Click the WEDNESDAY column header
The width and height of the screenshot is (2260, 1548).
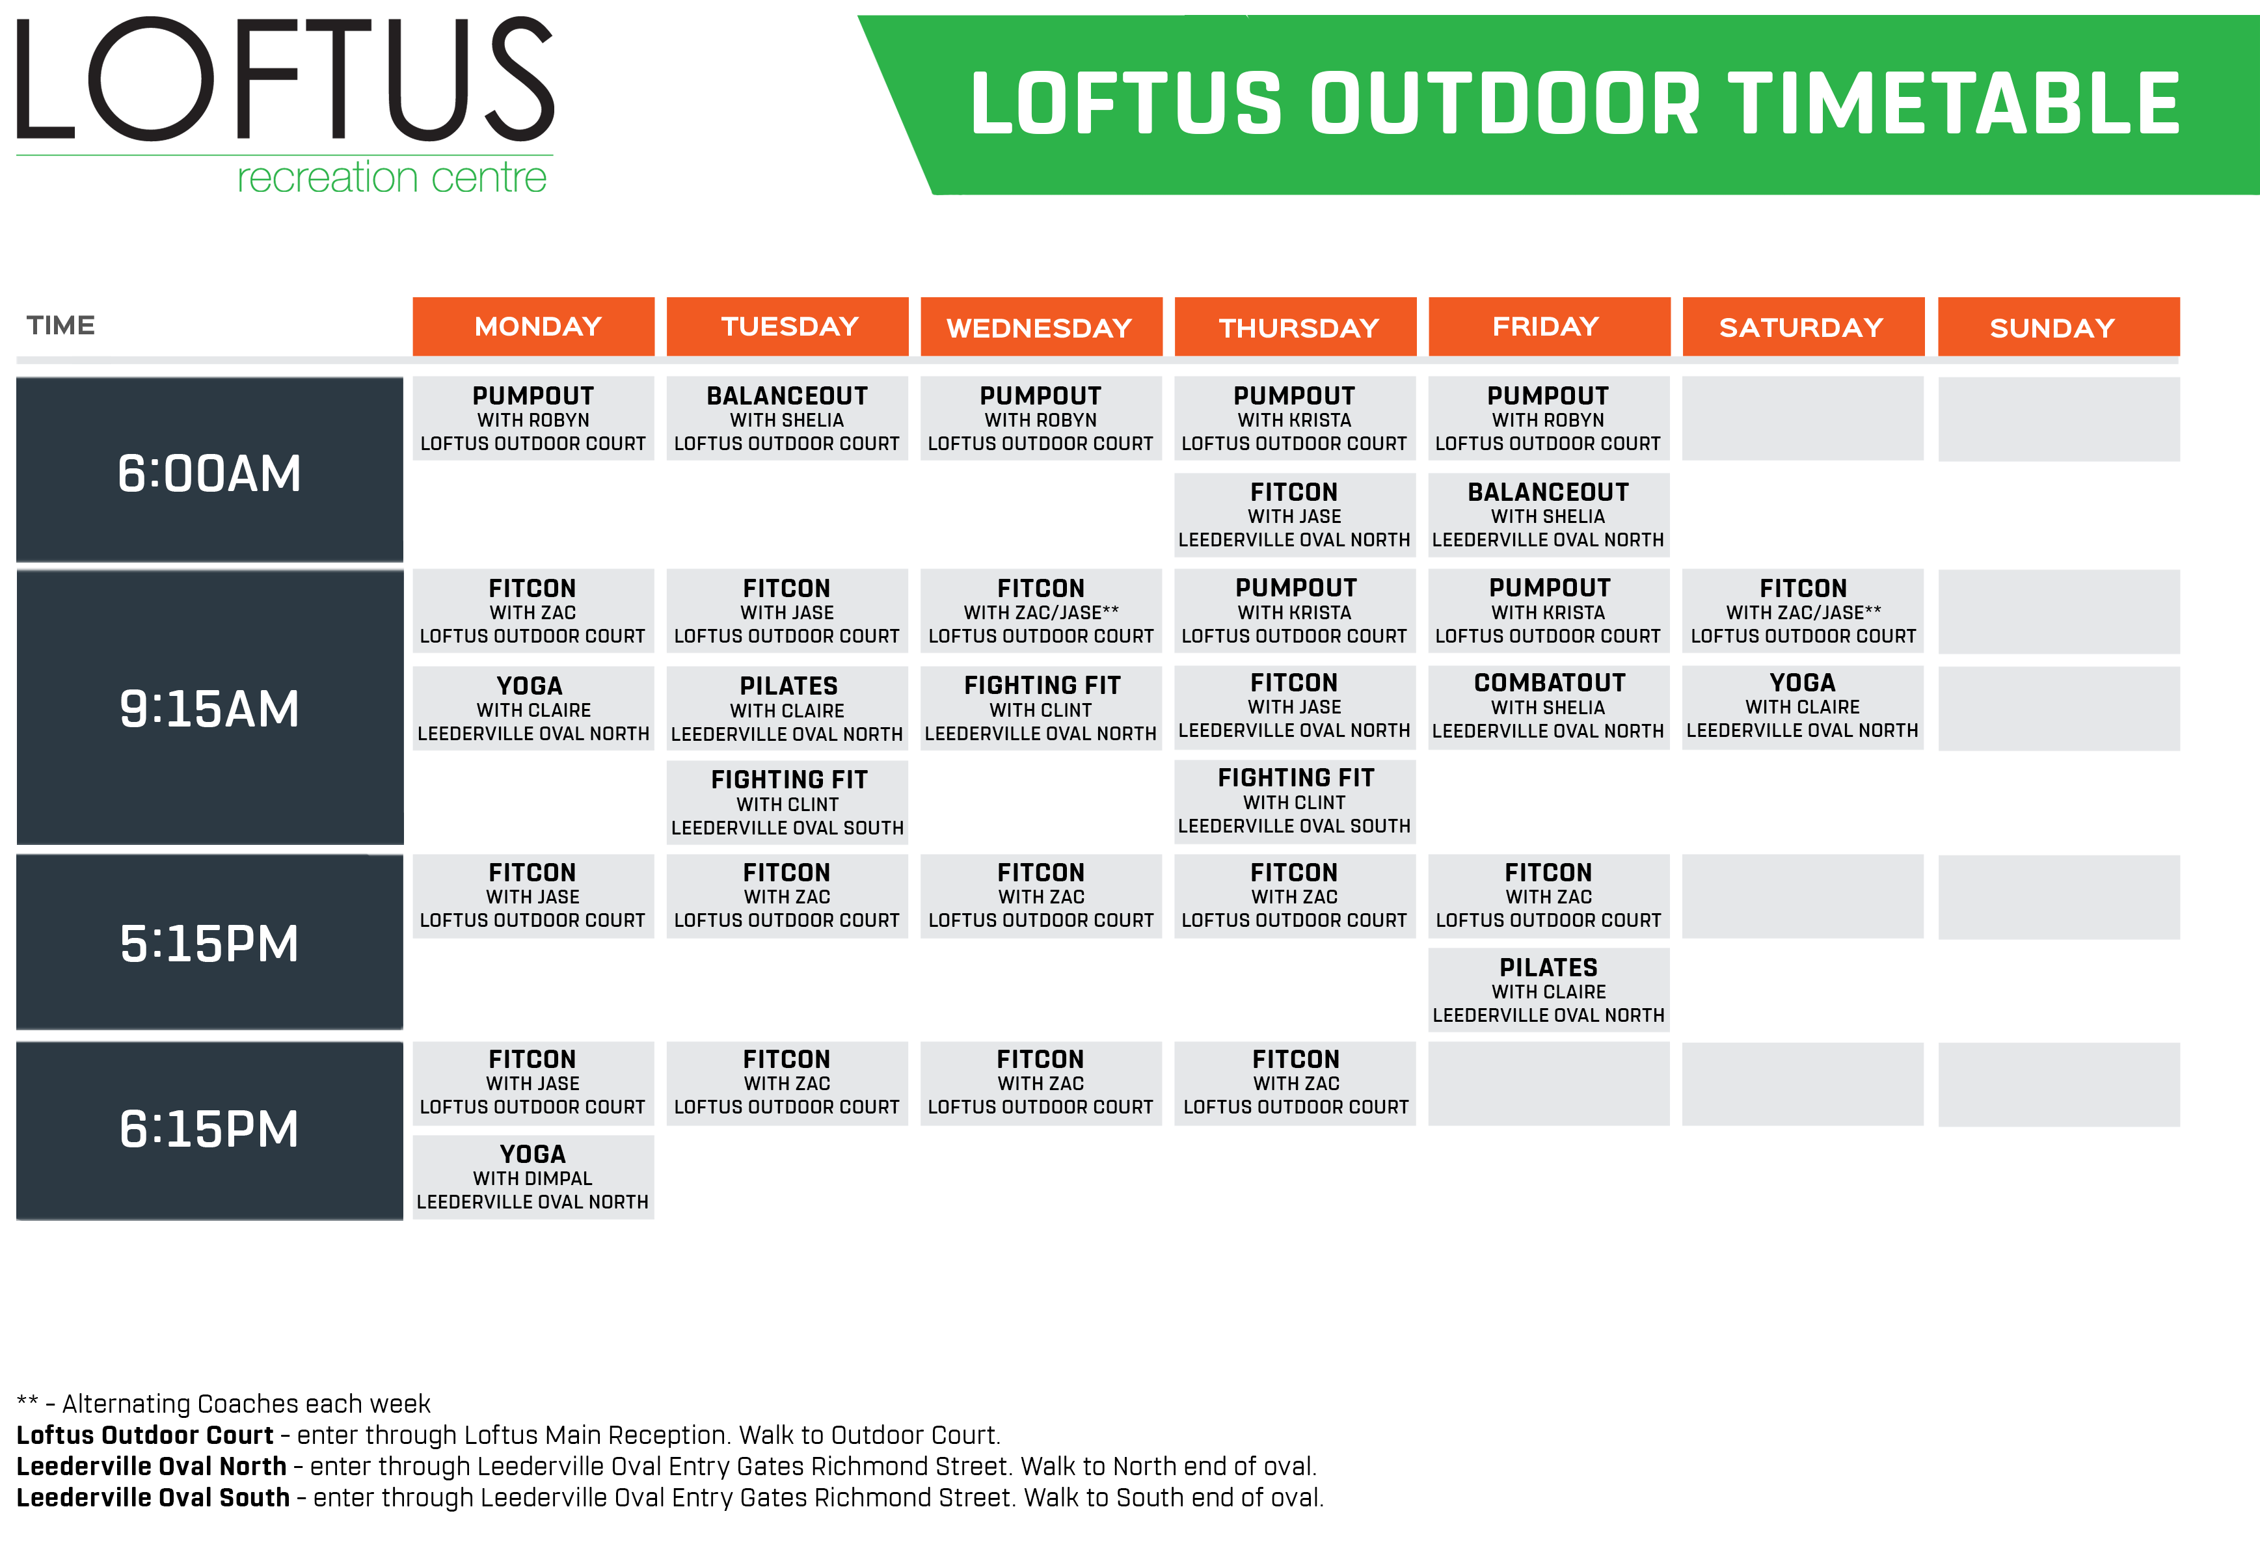(x=1040, y=327)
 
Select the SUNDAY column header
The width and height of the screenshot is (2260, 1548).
(x=2058, y=327)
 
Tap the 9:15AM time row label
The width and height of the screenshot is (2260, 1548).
(x=209, y=708)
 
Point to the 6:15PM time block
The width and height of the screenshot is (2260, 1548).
(x=209, y=1130)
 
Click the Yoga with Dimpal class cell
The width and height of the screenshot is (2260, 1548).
(x=533, y=1177)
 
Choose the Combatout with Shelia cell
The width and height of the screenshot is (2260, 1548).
(x=1548, y=707)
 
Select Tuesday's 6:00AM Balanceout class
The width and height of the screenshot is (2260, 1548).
(x=787, y=418)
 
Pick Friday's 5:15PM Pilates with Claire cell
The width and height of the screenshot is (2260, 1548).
(x=1548, y=990)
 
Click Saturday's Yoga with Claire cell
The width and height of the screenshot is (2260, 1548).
(x=1802, y=707)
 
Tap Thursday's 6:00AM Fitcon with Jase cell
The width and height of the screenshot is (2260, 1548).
(x=1295, y=514)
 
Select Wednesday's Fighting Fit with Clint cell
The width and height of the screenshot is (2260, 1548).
(x=1040, y=708)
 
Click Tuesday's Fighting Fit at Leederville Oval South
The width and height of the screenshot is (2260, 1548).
(x=787, y=802)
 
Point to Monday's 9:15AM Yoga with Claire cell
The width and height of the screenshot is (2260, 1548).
(x=533, y=708)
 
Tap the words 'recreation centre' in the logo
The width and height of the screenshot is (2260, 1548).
(x=392, y=178)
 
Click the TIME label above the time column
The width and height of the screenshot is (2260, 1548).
(x=61, y=326)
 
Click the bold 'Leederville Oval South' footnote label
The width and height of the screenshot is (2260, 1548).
(x=153, y=1497)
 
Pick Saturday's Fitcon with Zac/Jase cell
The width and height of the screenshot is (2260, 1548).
(x=1802, y=611)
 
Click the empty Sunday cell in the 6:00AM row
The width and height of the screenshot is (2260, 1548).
(x=2058, y=419)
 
